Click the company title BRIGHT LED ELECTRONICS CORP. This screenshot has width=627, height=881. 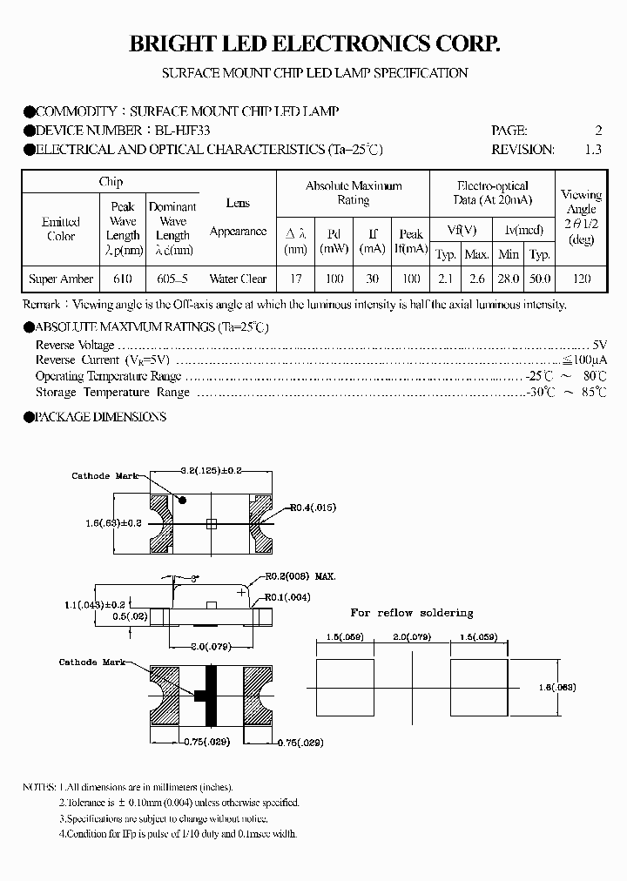(x=314, y=44)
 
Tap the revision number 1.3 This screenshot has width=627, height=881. (x=593, y=149)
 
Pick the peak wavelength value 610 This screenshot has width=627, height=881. (x=123, y=279)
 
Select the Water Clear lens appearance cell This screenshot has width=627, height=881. (x=238, y=279)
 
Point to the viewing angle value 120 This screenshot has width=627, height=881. (x=582, y=279)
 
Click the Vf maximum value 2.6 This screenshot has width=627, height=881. (x=476, y=279)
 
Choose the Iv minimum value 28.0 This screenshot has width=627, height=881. (x=509, y=279)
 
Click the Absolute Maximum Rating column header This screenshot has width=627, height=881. (x=353, y=192)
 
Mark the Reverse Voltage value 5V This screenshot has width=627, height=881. (x=599, y=345)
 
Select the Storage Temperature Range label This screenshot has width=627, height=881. (x=112, y=392)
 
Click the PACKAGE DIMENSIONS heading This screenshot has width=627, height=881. (x=100, y=417)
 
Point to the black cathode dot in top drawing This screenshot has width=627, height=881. (x=183, y=501)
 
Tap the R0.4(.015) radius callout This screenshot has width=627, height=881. (x=313, y=507)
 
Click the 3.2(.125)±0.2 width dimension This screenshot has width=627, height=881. (x=210, y=471)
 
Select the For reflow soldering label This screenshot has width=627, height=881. (x=412, y=613)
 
